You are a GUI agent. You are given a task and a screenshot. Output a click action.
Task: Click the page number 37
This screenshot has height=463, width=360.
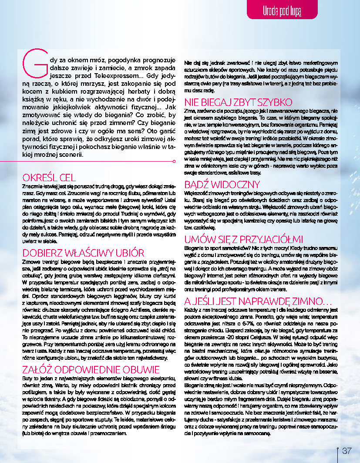(x=347, y=450)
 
